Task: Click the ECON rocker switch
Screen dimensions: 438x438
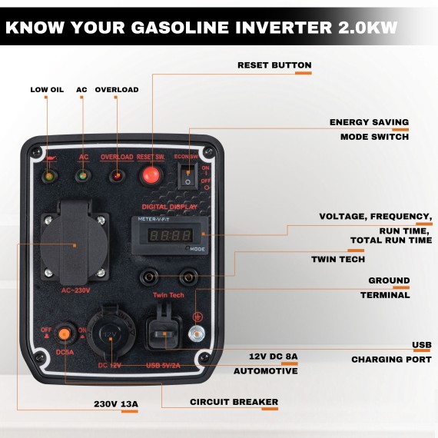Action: pyautogui.click(x=187, y=176)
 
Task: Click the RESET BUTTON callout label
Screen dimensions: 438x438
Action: pyautogui.click(x=274, y=65)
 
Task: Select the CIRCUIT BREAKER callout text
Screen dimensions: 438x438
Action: pyautogui.click(x=234, y=402)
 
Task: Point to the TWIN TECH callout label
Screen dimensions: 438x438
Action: pyautogui.click(x=338, y=259)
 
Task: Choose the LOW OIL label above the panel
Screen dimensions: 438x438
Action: pyautogui.click(x=47, y=90)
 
